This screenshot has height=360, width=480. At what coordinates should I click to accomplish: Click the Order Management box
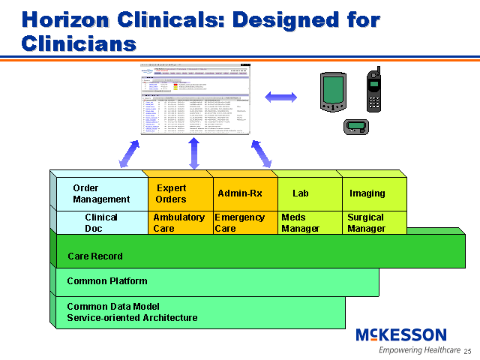[101, 193]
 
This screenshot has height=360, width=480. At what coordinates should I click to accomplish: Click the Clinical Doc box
[101, 223]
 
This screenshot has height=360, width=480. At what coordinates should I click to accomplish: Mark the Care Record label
[95, 256]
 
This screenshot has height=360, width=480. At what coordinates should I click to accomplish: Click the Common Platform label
[107, 282]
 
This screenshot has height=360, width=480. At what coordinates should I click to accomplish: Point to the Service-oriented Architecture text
[132, 318]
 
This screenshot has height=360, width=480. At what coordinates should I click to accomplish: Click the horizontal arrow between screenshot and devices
[281, 96]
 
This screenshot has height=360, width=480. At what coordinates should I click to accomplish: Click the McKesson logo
[400, 335]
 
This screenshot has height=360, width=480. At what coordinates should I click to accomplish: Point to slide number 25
[467, 351]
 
